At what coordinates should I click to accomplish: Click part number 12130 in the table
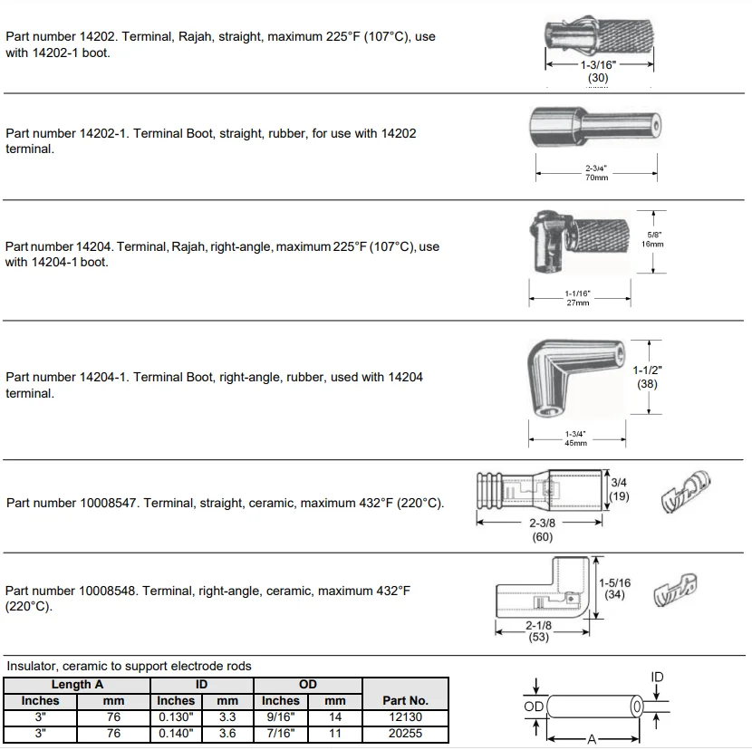pos(405,717)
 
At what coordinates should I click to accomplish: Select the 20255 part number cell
pos(405,734)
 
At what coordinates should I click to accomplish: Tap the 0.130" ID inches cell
pos(176,717)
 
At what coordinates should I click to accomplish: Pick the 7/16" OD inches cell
pos(280,734)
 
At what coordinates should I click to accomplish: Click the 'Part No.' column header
pos(405,700)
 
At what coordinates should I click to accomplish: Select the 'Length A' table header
pos(76,685)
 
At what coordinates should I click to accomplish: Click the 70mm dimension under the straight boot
pos(596,178)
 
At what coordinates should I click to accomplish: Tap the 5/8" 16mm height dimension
pos(652,239)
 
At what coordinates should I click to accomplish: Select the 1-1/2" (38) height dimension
pos(646,376)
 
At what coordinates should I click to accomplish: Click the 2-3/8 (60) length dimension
pos(543,530)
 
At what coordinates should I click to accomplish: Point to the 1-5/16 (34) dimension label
pos(615,589)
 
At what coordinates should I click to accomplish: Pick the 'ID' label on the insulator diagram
pos(657,677)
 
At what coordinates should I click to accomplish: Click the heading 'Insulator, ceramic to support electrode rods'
pos(129,666)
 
